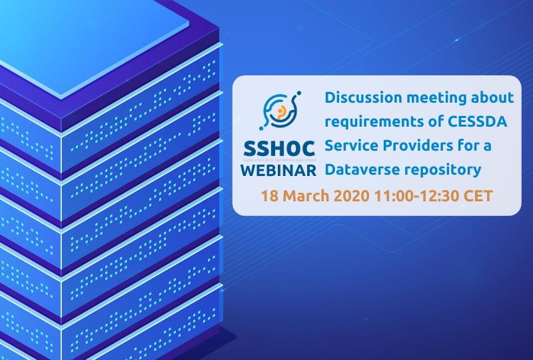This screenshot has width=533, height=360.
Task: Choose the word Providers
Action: pos(409,146)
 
